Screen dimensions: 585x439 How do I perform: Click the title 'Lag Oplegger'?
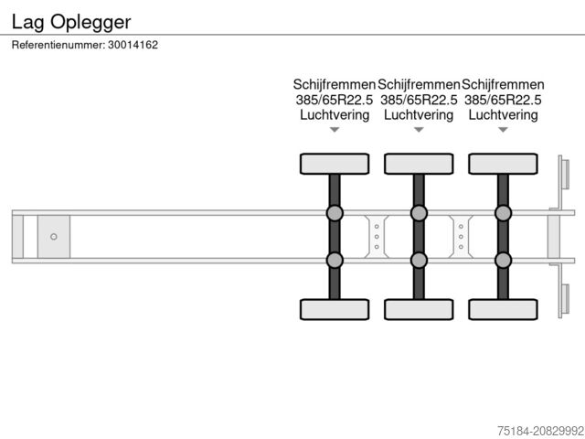click(x=71, y=22)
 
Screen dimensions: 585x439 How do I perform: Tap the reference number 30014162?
click(x=133, y=45)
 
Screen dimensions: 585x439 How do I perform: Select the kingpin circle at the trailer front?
click(x=54, y=237)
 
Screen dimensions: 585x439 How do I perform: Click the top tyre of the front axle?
click(x=335, y=164)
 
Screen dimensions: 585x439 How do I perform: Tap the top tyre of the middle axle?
click(x=419, y=164)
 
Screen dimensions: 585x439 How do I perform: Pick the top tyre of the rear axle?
click(x=504, y=164)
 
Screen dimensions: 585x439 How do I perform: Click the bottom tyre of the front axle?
click(x=335, y=309)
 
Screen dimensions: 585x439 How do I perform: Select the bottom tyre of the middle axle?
click(x=419, y=309)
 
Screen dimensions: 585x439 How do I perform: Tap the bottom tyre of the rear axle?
click(x=504, y=309)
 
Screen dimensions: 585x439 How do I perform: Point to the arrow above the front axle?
click(x=335, y=130)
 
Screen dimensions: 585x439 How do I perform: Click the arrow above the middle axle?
click(x=419, y=130)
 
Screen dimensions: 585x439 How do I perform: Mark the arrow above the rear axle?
click(x=504, y=130)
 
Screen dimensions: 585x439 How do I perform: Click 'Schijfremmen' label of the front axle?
click(x=335, y=85)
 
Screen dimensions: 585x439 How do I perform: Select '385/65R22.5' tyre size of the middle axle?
click(x=419, y=100)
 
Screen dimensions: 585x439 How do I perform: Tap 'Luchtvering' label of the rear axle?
click(x=504, y=115)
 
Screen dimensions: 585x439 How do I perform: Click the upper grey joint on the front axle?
click(x=335, y=213)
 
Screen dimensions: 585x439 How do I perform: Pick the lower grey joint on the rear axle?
click(x=504, y=260)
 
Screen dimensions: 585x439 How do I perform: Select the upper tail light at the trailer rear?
click(x=565, y=175)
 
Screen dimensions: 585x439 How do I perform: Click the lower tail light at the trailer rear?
click(x=565, y=299)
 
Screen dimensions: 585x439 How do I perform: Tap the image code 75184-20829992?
click(x=540, y=431)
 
